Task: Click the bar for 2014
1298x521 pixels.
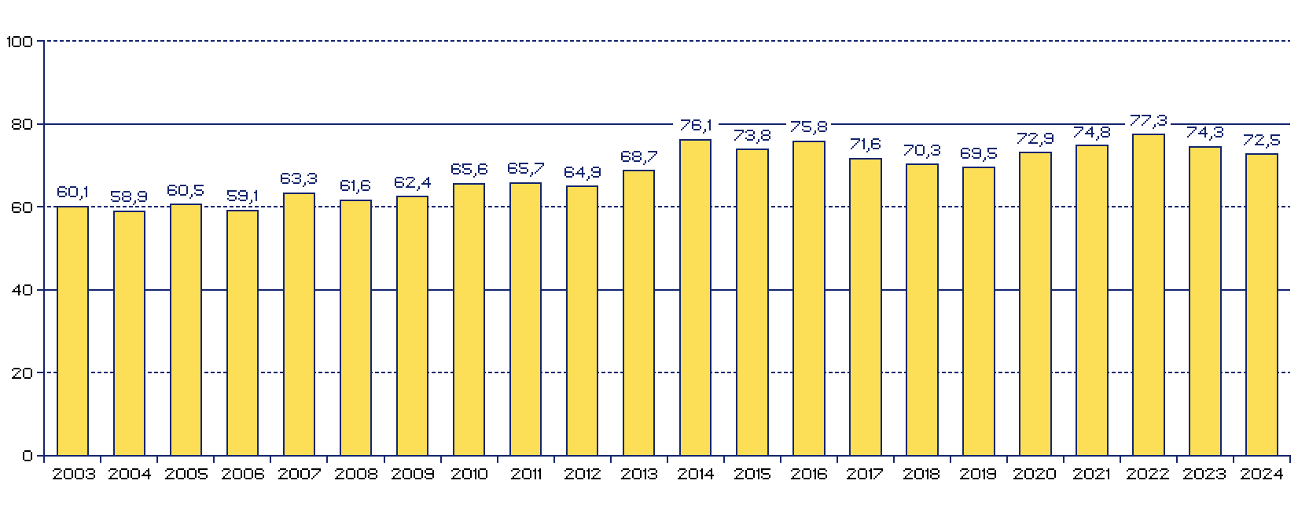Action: tap(695, 298)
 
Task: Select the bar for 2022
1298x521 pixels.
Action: tap(1148, 295)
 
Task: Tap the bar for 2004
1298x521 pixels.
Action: tap(129, 333)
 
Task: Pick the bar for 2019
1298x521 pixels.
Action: tap(978, 311)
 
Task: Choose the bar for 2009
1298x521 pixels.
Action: tap(412, 326)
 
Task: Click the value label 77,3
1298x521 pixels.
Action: tap(1148, 121)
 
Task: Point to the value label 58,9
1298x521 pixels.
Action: tap(129, 197)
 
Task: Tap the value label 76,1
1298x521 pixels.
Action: tap(695, 126)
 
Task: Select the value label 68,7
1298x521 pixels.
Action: tap(638, 156)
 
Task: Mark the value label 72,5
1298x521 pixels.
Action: tap(1261, 141)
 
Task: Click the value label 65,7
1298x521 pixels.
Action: tap(525, 169)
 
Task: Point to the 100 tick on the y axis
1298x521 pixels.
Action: tap(19, 42)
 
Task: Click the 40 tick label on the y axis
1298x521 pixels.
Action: tap(22, 291)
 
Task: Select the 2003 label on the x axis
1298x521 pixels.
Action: tap(73, 475)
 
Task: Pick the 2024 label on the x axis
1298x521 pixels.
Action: tap(1261, 475)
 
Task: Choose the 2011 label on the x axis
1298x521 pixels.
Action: tap(525, 475)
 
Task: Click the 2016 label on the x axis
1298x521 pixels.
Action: tap(808, 475)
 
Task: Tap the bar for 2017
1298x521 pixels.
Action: tap(865, 307)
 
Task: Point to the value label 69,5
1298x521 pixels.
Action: tap(978, 154)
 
